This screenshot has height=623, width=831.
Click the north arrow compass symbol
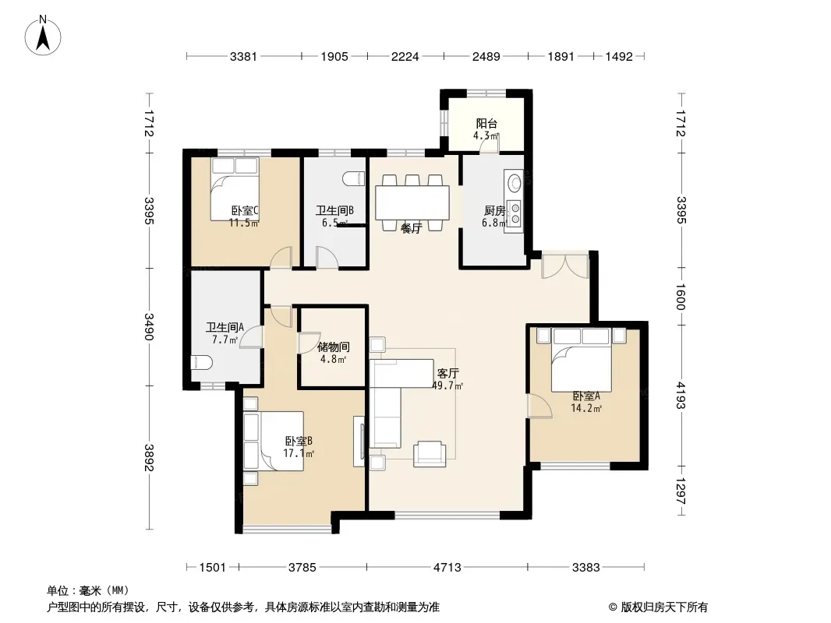(43, 36)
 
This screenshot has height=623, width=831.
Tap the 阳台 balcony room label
(486, 124)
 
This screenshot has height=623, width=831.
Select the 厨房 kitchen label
(494, 211)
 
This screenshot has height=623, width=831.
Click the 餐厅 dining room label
(412, 229)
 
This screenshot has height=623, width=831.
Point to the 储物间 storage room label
(334, 347)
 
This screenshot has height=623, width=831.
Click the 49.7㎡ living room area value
(447, 385)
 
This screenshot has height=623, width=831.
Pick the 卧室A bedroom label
(586, 396)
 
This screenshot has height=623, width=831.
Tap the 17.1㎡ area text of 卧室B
(299, 453)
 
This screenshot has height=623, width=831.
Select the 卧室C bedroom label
(244, 211)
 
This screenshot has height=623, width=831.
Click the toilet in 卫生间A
(201, 363)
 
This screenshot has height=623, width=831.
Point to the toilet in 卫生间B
(354, 179)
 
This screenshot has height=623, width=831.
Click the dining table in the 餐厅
(412, 202)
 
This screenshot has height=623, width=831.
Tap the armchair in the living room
(430, 453)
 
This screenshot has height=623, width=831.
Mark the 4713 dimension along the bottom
(447, 568)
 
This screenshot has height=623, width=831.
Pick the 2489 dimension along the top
(486, 56)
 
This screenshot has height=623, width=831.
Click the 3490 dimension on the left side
(149, 327)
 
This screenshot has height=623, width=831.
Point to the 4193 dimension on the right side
(681, 396)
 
